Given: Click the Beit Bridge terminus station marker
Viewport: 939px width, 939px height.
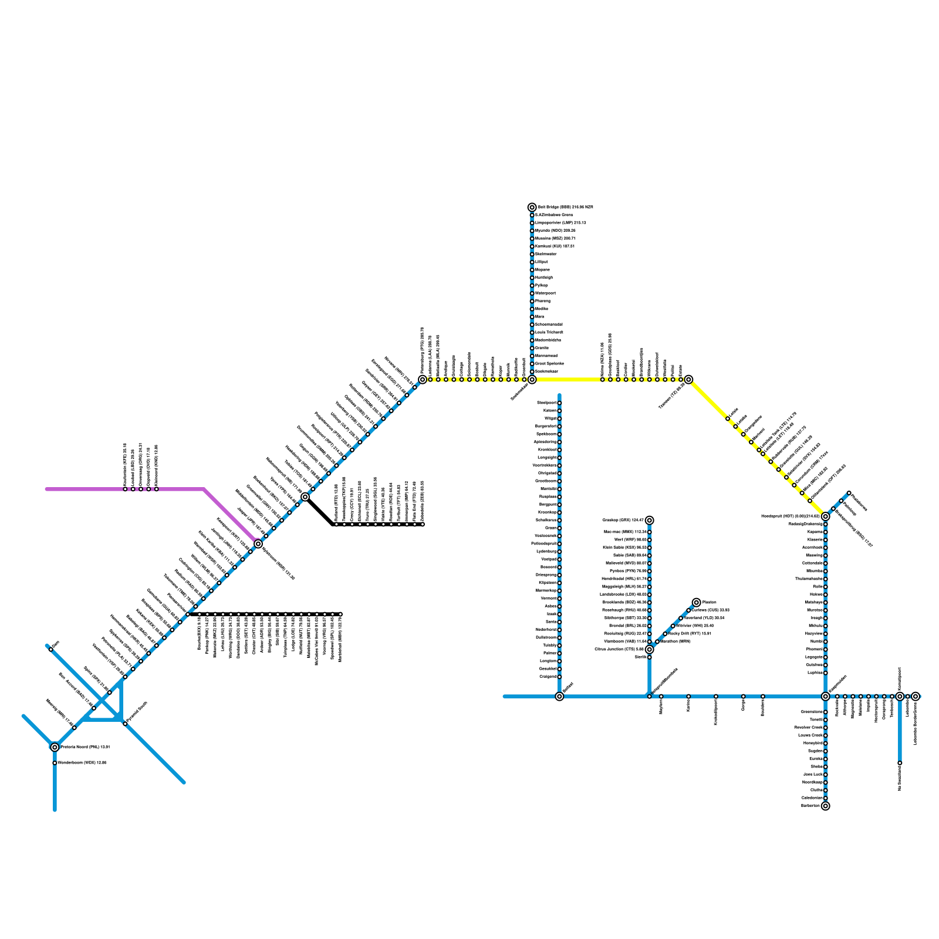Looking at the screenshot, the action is coord(532,207).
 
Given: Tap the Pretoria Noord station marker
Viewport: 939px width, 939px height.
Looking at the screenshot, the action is coord(55,747).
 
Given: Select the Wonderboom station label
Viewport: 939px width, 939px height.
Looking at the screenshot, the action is coord(82,763).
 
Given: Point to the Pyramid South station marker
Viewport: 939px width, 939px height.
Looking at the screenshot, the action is coord(124,724).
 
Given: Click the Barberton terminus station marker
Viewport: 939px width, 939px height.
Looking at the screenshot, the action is coord(825,806).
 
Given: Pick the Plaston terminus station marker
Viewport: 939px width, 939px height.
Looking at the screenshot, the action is coord(696,602).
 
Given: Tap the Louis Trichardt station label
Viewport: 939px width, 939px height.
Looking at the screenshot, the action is coord(549,332).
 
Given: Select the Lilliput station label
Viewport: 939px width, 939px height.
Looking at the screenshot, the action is coord(541,262).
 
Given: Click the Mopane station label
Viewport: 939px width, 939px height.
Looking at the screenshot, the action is coord(542,270).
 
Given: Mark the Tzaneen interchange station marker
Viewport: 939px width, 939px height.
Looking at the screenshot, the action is coord(688,380).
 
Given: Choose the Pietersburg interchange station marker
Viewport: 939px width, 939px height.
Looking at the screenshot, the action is coord(423,380).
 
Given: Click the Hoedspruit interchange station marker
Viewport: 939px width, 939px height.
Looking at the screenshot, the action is coord(825,516).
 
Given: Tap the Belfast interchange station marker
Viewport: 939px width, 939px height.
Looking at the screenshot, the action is coord(559,696).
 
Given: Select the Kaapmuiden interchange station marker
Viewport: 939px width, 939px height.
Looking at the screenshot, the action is coord(825,696).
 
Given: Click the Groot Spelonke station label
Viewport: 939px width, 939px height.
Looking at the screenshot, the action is coord(549,364).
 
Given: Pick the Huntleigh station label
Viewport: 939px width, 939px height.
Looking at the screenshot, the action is coord(543,278).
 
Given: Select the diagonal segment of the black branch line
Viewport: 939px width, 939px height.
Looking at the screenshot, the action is coord(320,511).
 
